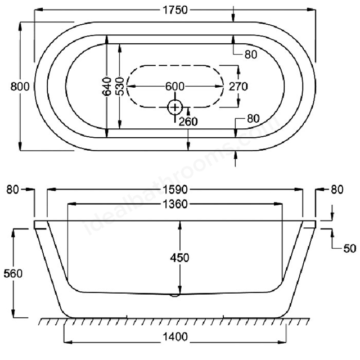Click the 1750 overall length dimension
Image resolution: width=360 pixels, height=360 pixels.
point(175,10)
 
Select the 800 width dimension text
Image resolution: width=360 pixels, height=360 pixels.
point(10,86)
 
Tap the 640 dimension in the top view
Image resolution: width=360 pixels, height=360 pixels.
point(106,86)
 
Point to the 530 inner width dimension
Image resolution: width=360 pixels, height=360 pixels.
point(120,86)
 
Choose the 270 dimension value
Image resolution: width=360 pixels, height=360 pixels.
point(239,86)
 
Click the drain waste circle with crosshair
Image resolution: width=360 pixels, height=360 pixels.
point(175,106)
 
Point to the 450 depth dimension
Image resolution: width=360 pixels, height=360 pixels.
point(180,257)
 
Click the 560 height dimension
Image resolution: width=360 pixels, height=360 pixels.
point(12,274)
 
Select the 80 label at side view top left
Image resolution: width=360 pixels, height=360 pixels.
point(12,190)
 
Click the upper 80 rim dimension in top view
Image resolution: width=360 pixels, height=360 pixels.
point(251,54)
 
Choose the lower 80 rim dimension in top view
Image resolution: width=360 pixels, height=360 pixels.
point(253,119)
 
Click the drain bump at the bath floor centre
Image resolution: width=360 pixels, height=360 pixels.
point(175,294)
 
